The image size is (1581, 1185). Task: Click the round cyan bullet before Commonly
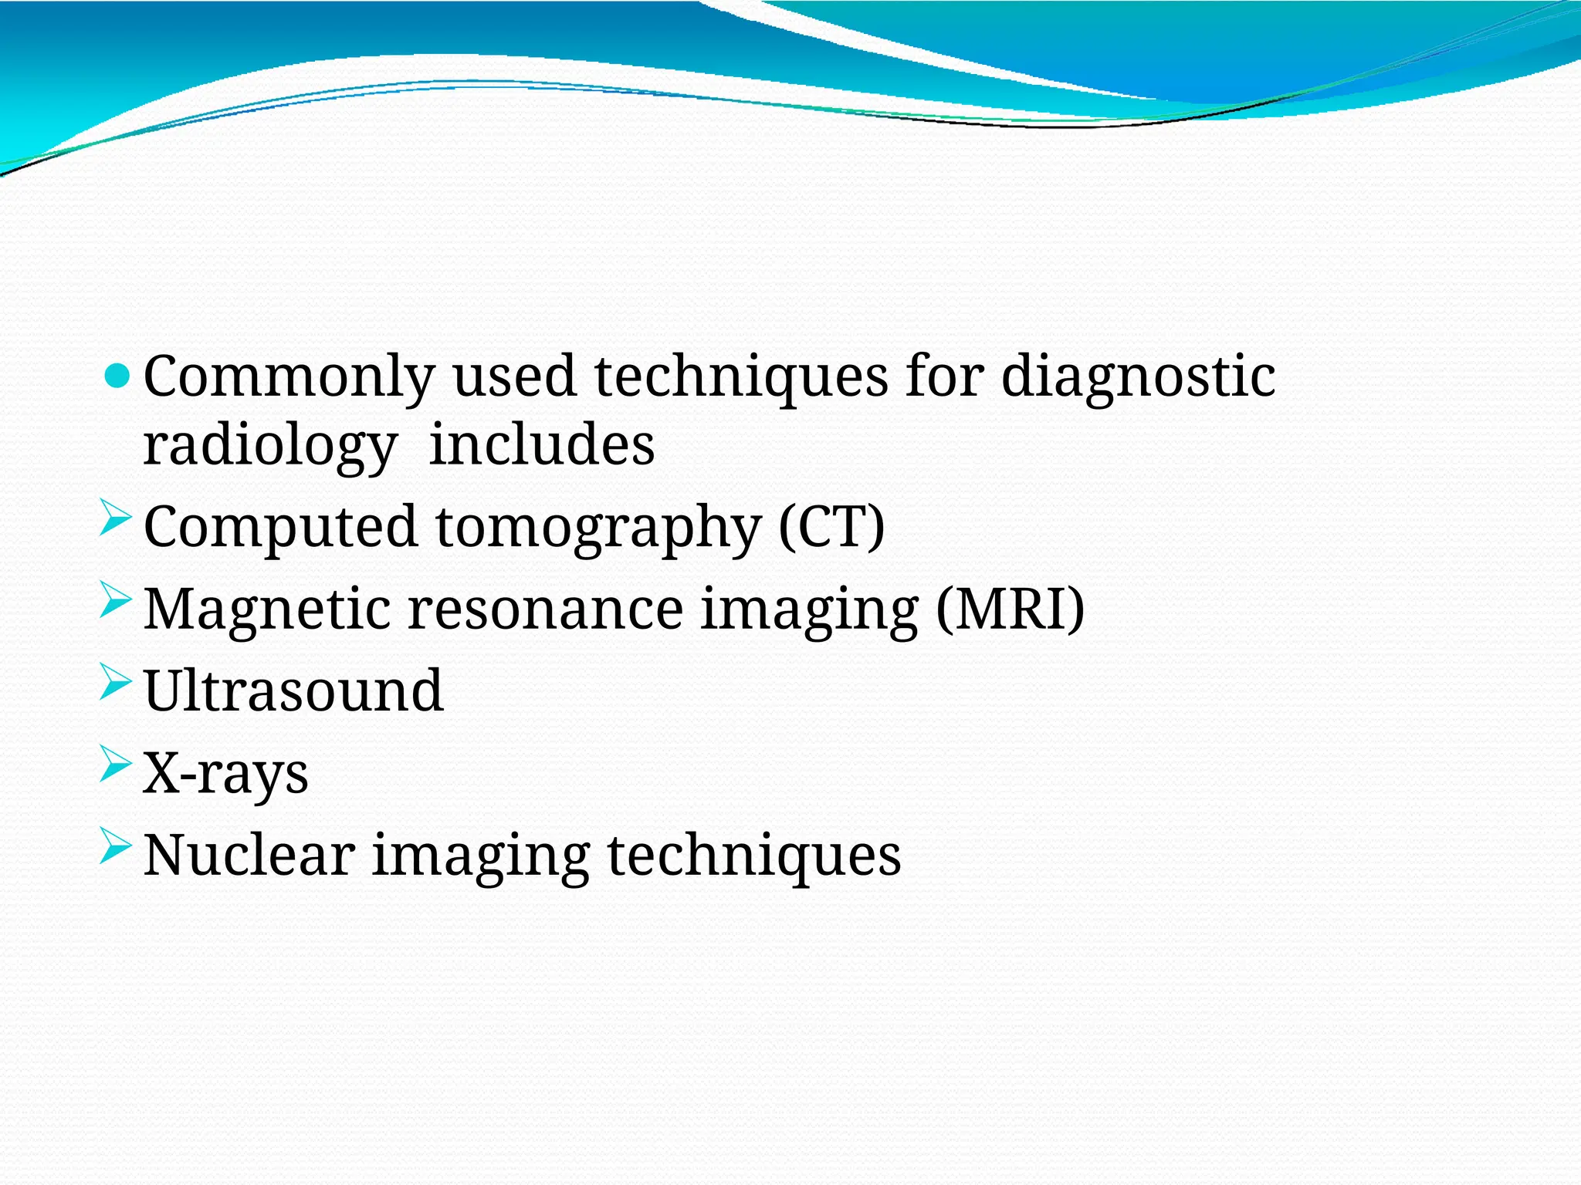tap(117, 376)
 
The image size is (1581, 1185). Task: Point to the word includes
tap(541, 446)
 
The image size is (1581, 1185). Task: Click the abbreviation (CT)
tap(831, 528)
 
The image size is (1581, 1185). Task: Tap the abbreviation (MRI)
tap(1010, 609)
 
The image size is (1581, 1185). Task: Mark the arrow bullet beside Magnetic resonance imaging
tap(116, 600)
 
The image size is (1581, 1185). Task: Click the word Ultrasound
tap(293, 691)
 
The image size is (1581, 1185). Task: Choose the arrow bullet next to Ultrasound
tap(116, 682)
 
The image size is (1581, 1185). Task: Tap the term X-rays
tap(225, 774)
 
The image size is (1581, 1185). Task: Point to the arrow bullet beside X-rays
tap(116, 764)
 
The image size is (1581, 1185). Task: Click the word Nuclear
tap(249, 856)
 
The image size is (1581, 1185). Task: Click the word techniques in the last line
tap(754, 857)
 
